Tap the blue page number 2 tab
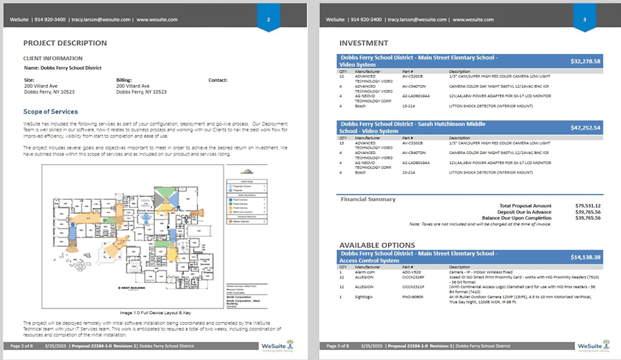click(269, 20)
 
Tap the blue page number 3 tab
click(585, 20)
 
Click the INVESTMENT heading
click(363, 43)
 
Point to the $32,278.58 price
click(585, 61)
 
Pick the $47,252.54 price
click(585, 127)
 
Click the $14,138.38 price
click(585, 257)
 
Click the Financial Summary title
click(368, 200)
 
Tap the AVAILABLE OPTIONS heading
click(377, 245)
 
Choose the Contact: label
click(218, 80)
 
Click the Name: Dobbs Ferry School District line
click(63, 68)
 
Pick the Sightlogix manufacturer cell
click(365, 296)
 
